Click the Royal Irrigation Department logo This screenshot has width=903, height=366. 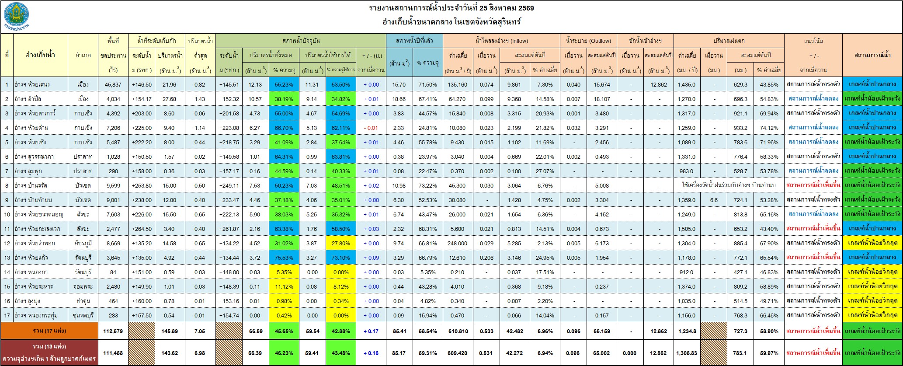[16, 16]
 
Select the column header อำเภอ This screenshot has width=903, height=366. [83, 55]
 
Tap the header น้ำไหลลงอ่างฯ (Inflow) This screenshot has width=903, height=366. [502, 41]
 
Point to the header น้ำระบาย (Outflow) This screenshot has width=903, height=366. [588, 41]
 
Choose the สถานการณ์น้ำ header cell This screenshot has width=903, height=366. [872, 55]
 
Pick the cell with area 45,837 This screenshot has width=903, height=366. [113, 84]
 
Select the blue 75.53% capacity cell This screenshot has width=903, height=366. [284, 258]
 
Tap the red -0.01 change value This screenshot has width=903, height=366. [371, 128]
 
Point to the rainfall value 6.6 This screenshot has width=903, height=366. [714, 200]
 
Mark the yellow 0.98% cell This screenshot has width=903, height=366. [284, 301]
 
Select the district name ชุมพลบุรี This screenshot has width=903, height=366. [83, 315]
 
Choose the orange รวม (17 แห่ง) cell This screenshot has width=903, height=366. [50, 331]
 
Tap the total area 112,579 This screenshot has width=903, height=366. [113, 331]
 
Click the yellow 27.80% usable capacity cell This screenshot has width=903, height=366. [340, 243]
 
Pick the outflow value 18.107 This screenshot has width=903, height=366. [602, 99]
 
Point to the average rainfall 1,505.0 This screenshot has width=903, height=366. [687, 229]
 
